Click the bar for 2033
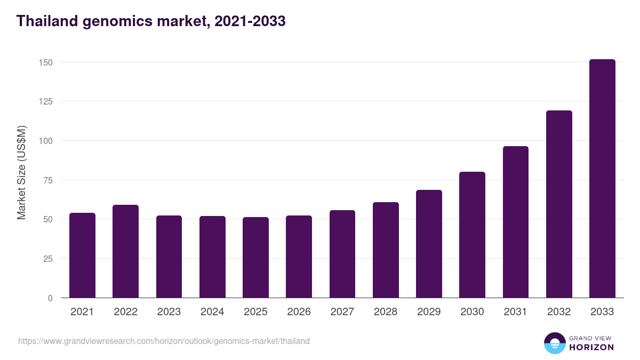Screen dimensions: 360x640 pos(602,179)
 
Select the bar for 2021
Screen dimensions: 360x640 pos(82,255)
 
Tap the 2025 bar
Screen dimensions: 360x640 pos(255,258)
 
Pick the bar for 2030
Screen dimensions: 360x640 pos(472,235)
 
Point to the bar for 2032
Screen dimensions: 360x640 pos(559,204)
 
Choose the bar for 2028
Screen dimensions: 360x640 pos(386,250)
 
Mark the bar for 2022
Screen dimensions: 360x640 pos(125,251)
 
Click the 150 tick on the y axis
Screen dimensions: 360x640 pos(46,62)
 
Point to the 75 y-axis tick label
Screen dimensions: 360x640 pos(48,180)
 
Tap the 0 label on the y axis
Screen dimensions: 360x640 pos(50,298)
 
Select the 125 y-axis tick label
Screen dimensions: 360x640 pos(46,101)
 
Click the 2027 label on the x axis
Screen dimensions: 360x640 pos(342,312)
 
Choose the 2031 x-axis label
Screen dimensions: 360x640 pos(515,312)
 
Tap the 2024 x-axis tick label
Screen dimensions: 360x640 pos(212,312)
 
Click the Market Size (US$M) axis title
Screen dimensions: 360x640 pos(21,172)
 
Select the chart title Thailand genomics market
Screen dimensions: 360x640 pos(151,21)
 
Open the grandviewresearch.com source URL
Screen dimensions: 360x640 pos(164,341)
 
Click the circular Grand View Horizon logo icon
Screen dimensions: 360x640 pos(554,343)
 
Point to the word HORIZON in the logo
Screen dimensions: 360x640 pos(591,347)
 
